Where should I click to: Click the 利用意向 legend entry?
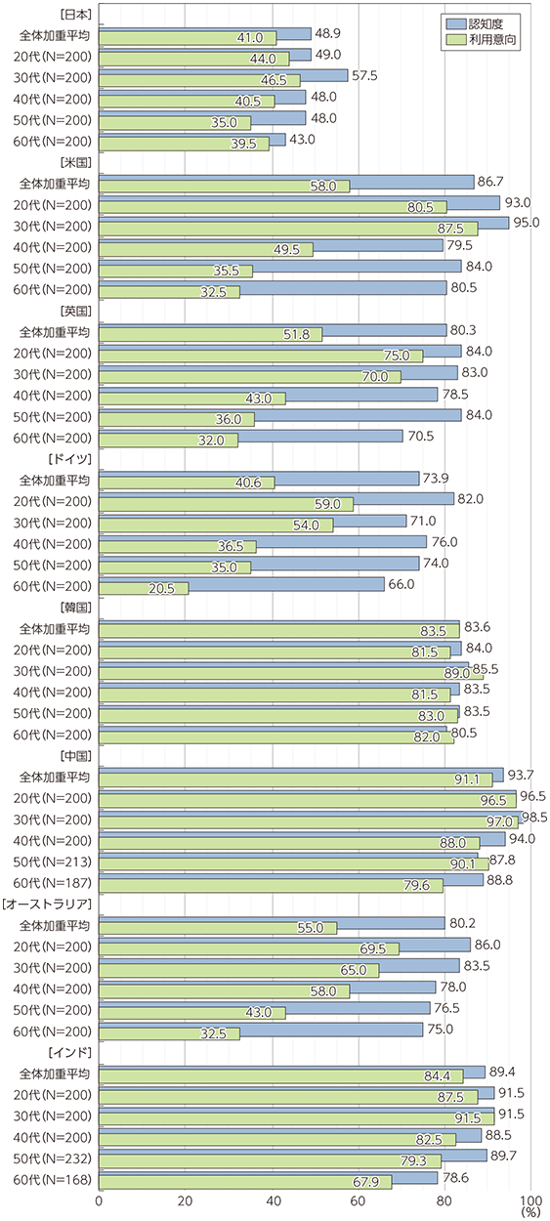click(481, 39)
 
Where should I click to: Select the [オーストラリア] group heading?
click(47, 905)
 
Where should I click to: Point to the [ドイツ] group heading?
click(69, 459)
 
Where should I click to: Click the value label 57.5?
click(364, 76)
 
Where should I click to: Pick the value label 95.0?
click(526, 223)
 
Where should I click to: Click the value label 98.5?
click(534, 817)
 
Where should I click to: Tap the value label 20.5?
click(161, 589)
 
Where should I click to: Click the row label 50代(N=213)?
click(53, 862)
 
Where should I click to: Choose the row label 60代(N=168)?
click(53, 1180)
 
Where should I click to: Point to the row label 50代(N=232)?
click(53, 1158)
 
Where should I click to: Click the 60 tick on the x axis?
click(359, 1201)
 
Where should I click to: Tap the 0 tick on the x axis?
click(100, 1201)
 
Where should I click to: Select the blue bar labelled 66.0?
click(242, 584)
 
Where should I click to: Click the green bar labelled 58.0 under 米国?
click(225, 187)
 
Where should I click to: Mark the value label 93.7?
click(521, 775)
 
